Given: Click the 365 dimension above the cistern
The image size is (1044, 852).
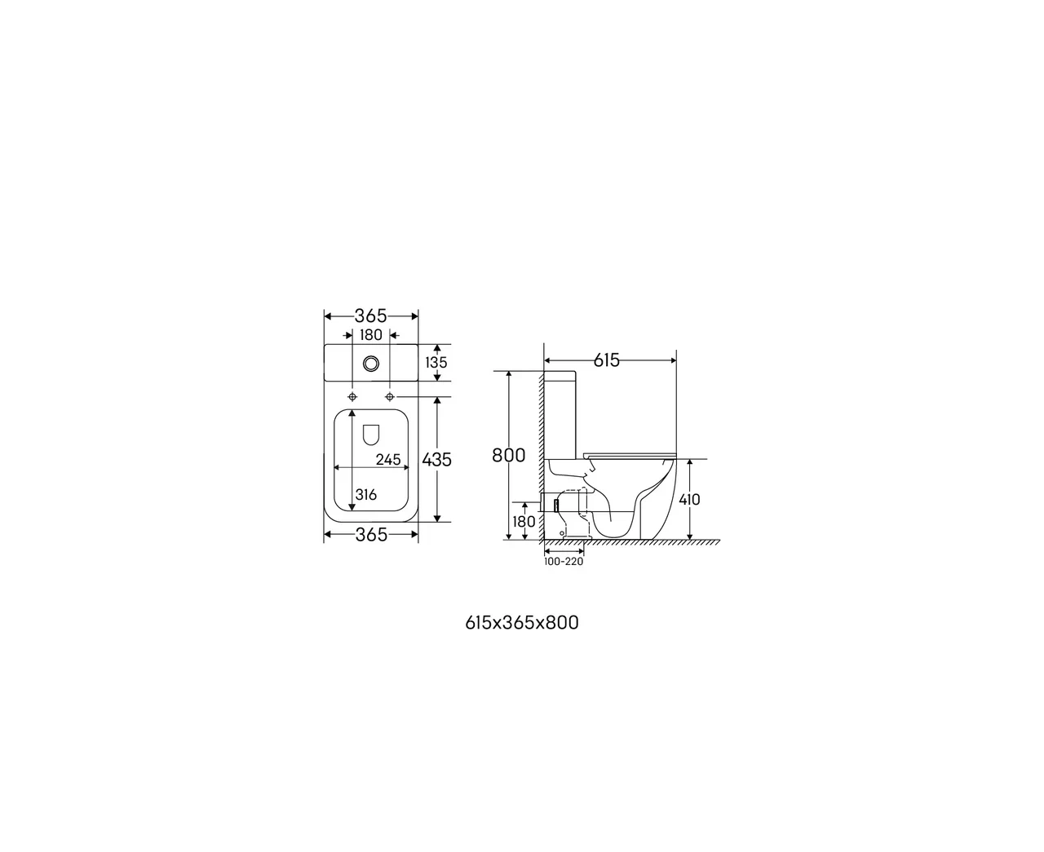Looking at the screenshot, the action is point(370,316).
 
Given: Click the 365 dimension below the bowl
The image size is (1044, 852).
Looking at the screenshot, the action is point(371,534).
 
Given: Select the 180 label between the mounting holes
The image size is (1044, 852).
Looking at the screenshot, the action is point(371,335).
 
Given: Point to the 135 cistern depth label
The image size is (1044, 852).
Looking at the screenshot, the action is point(436,362).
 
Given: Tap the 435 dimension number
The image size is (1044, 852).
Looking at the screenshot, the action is point(436,460).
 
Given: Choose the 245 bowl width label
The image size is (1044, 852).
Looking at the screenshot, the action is point(388,460).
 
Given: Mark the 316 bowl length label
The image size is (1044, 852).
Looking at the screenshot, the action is point(366,494).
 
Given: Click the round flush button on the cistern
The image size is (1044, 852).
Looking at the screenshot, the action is point(371,364).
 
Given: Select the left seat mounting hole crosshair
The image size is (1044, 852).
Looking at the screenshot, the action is point(352,397).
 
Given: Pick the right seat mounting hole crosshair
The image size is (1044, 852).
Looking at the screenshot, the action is point(390,397).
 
